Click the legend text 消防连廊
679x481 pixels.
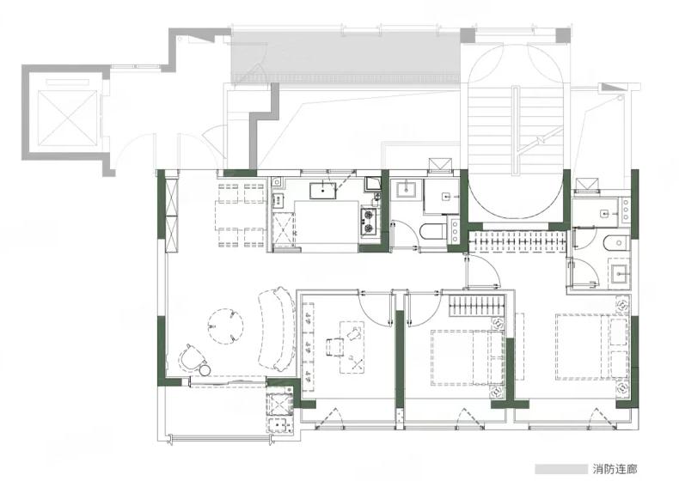[615, 469]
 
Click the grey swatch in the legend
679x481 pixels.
[560, 469]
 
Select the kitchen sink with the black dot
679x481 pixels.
[322, 191]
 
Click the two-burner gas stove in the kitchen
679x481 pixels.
[370, 221]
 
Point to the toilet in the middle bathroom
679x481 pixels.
[432, 230]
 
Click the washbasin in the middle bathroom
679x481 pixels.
[406, 190]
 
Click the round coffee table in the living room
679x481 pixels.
[225, 326]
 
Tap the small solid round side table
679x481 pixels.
[205, 369]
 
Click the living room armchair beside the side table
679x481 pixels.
[191, 357]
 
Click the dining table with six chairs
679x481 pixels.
[242, 216]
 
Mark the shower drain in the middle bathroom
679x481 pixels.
[445, 197]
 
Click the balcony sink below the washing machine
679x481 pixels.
[278, 425]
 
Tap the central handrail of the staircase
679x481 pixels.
[516, 131]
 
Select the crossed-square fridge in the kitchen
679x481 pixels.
[282, 229]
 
